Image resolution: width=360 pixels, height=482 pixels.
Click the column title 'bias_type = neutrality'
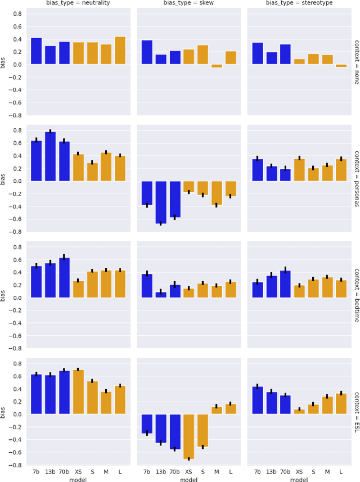tap(79, 3)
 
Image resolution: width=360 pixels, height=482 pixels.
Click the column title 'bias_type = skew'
tap(190, 3)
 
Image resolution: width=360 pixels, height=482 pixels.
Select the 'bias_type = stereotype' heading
tap(300, 3)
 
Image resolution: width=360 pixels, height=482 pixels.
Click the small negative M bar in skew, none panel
tap(216, 66)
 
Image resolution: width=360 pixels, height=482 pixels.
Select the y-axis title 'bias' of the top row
tap(4, 64)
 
